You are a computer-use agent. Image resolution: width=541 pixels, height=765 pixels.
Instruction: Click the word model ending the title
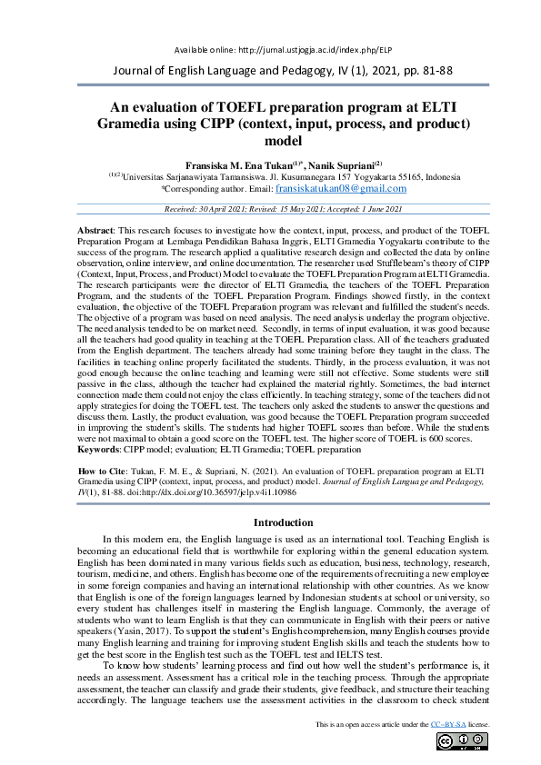click(x=270, y=141)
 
